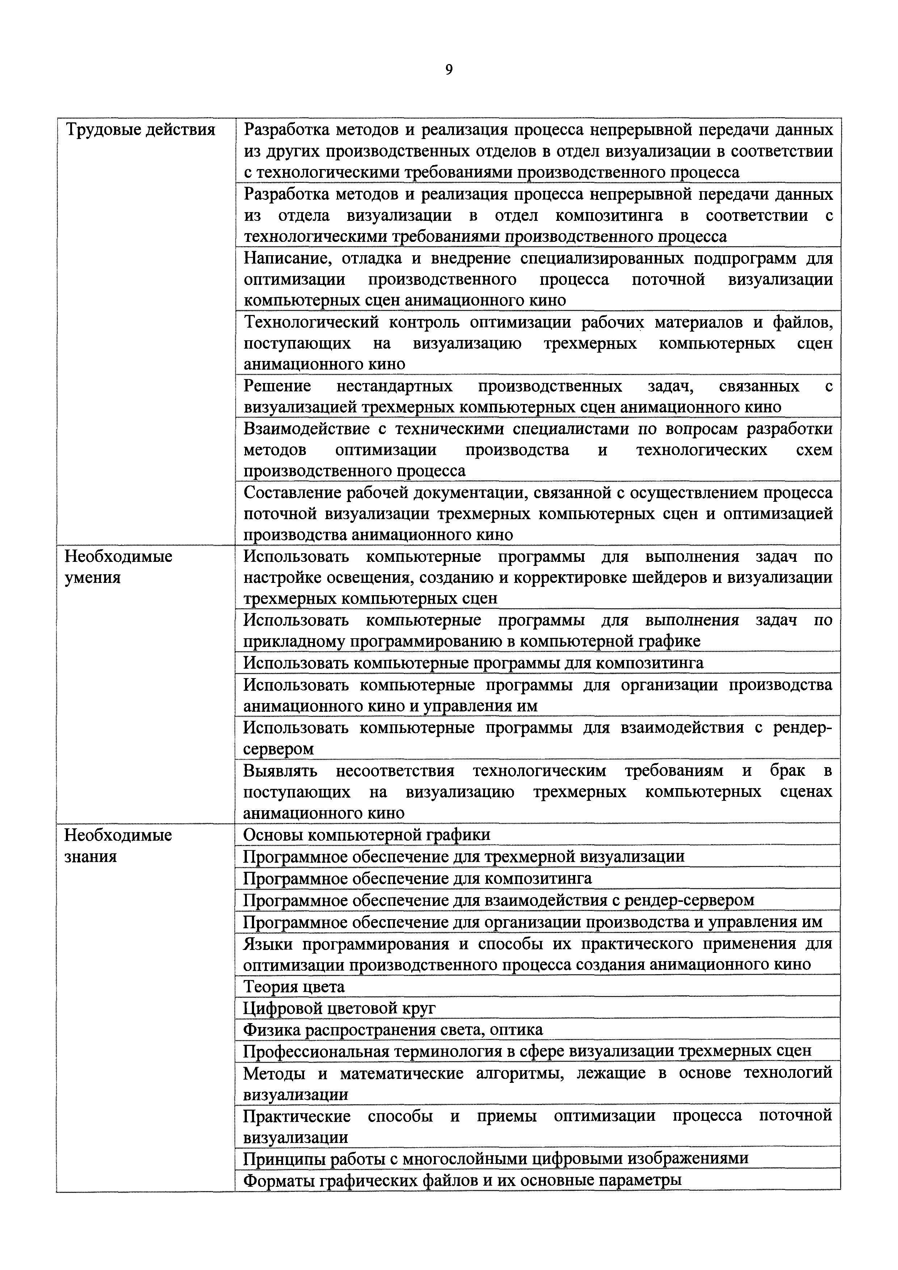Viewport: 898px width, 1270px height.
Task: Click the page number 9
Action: [x=449, y=70]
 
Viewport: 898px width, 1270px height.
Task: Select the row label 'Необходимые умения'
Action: [x=118, y=567]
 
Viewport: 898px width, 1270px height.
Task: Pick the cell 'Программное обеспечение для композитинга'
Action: [x=417, y=878]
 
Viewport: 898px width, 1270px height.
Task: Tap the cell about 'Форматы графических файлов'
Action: [x=462, y=1180]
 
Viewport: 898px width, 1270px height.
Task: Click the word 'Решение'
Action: [x=277, y=386]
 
